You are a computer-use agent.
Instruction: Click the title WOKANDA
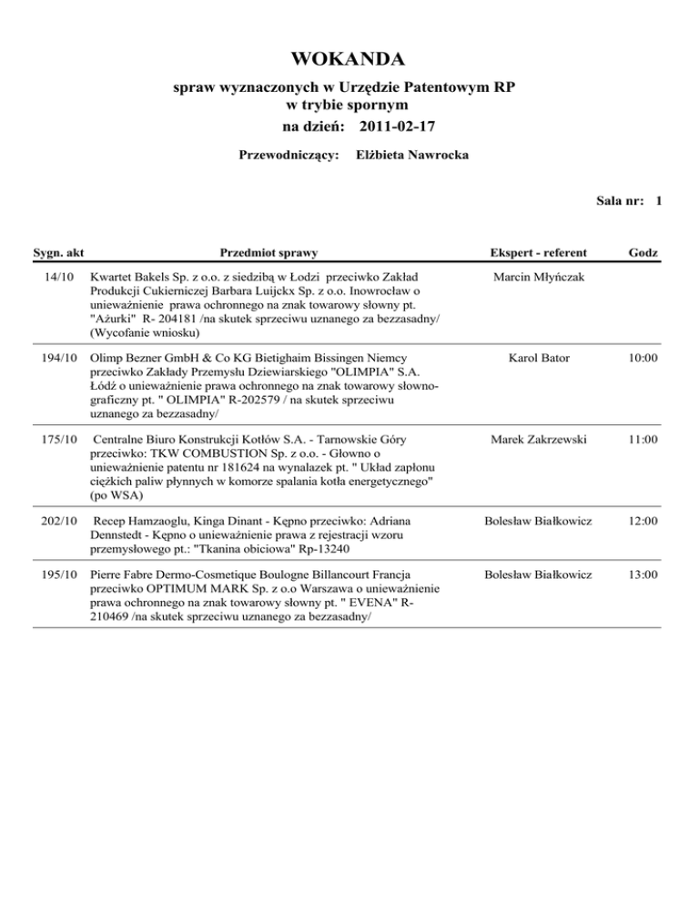[349, 60]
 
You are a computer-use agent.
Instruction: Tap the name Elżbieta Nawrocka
[412, 156]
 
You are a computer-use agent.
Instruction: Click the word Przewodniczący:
[289, 156]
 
